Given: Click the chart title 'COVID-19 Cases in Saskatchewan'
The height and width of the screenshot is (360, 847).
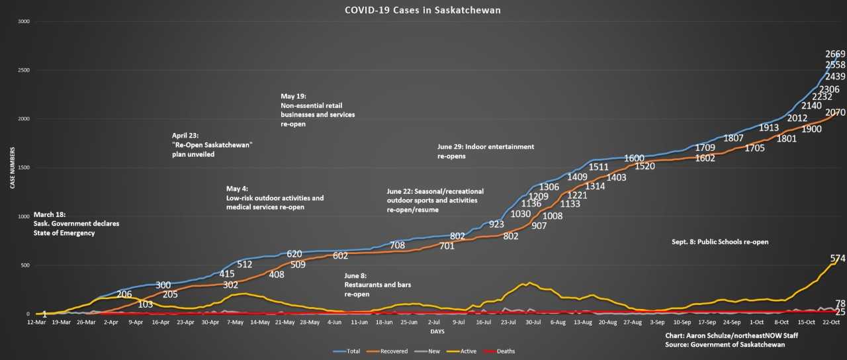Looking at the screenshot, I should pyautogui.click(x=423, y=11).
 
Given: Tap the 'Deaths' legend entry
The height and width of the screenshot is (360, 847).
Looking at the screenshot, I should pyautogui.click(x=506, y=351).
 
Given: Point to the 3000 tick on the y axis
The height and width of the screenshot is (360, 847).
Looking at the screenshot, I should pyautogui.click(x=24, y=22).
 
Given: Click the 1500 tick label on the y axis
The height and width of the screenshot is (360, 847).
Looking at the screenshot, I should pyautogui.click(x=24, y=168).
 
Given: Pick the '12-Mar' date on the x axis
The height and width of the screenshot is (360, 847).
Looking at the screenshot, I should pyautogui.click(x=36, y=322).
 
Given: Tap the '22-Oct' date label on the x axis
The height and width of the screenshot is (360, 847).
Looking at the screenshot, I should pyautogui.click(x=830, y=322).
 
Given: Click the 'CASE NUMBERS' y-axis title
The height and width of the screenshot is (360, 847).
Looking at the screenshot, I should pyautogui.click(x=13, y=169).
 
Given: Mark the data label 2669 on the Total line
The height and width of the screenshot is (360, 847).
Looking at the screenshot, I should pyautogui.click(x=834, y=54).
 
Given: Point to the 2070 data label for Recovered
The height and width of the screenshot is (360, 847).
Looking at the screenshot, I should pyautogui.click(x=835, y=113).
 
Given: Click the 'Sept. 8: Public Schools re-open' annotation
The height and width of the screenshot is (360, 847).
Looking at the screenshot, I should pyautogui.click(x=720, y=242).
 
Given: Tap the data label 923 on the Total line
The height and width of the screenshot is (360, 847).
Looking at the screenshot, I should pyautogui.click(x=497, y=224).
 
